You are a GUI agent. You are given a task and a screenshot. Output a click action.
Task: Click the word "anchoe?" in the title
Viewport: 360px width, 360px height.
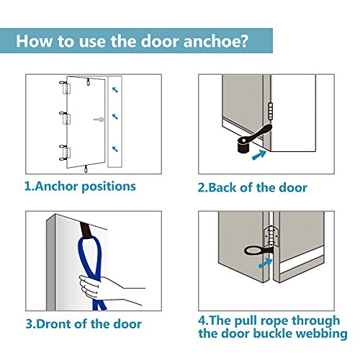215,41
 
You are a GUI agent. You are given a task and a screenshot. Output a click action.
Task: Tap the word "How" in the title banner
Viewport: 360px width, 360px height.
34,41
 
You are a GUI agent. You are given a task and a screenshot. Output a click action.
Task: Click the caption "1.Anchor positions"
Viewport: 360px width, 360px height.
80,186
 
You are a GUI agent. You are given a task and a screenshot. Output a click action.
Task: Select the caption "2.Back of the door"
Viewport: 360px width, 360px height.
252,187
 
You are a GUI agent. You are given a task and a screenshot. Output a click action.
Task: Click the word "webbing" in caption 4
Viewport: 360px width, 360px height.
321,333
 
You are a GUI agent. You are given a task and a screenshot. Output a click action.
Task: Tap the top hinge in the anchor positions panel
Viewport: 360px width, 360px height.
65,88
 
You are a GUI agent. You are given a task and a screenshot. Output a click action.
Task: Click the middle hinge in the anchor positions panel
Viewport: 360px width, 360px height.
65,117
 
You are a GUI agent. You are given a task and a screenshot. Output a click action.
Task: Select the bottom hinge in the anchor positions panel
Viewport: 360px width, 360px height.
65,153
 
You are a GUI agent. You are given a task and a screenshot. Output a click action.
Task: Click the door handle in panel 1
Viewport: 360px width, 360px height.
99,120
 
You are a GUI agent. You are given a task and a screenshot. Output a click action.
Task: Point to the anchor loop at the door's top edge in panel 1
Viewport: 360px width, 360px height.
89,81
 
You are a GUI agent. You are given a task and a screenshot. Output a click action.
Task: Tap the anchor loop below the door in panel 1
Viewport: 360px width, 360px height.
86,168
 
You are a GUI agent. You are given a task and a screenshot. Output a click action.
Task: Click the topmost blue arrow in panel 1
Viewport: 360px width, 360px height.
115,90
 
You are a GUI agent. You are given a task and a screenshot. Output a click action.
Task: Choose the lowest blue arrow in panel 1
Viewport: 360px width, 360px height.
115,149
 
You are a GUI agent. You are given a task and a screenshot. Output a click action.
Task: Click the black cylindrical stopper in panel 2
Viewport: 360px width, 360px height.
244,145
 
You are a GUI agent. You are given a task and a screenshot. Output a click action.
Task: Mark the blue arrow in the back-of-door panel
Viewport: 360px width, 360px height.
259,155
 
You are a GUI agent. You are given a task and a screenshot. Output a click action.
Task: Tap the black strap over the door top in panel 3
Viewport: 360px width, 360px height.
86,230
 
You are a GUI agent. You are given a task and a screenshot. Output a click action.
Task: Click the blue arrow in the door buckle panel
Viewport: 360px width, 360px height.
265,264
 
